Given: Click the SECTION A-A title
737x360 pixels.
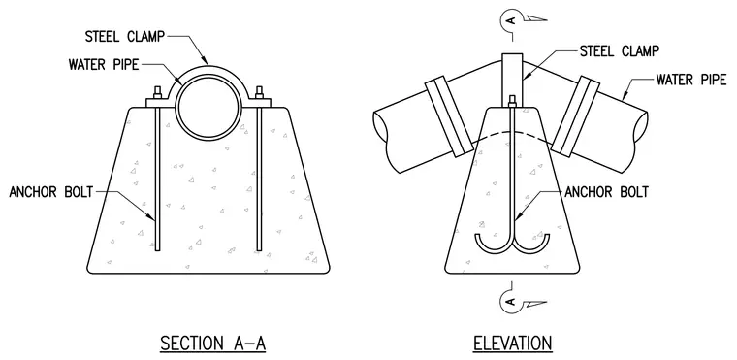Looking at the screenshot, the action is point(213,344).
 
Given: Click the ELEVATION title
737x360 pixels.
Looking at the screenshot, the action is point(512,344).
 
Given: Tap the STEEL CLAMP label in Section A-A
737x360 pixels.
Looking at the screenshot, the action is point(125,37).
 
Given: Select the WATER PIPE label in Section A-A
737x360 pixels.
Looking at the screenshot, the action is point(104,64).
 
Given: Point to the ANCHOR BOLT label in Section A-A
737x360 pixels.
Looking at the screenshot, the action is point(51,192).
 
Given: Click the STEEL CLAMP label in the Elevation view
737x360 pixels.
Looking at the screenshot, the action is point(620,50).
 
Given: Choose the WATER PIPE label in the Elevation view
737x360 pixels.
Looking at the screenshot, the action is point(691,80).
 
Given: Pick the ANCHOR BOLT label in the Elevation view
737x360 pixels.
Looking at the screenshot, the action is point(607,192).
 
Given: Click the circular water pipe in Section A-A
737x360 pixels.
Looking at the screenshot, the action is point(209,109).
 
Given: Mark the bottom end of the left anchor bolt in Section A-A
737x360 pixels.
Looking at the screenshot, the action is point(158,249).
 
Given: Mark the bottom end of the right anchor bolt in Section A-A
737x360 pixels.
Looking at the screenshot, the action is point(259,249).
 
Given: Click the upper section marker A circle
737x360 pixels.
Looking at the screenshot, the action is point(505,20).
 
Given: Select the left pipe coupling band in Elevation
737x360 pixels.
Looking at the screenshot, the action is point(448,116).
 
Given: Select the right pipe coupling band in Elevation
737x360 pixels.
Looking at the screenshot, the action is point(576,116).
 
